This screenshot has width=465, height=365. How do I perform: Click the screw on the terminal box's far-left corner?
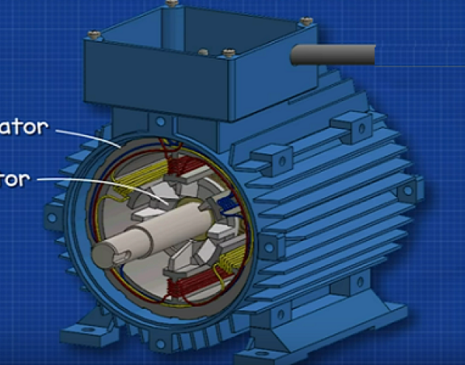[x=92, y=34]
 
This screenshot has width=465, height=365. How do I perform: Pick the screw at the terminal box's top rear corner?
[x=172, y=3]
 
